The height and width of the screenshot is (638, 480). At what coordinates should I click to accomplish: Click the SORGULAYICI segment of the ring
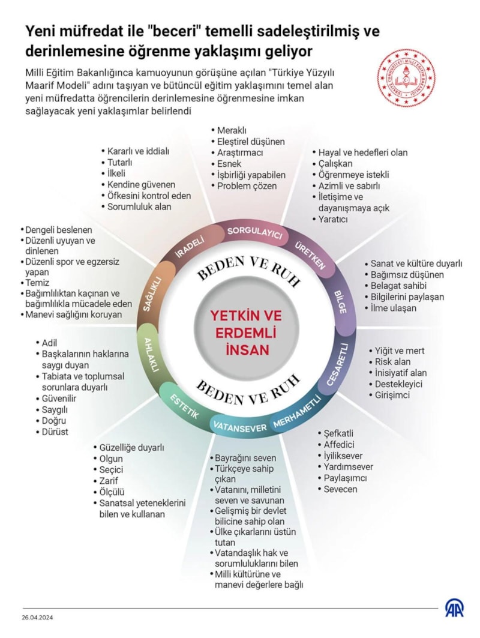[x=254, y=233]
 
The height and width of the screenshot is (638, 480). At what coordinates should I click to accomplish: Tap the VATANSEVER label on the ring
[x=240, y=427]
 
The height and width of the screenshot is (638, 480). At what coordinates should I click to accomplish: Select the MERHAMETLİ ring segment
[x=296, y=412]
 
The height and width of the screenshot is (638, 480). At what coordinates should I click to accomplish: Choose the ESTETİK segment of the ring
[x=185, y=406]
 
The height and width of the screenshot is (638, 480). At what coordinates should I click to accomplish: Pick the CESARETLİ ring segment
[x=338, y=364]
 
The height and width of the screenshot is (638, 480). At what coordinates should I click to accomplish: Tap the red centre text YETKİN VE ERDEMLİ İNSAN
[x=246, y=333]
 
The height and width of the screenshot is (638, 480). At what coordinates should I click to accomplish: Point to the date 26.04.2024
[x=37, y=617]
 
